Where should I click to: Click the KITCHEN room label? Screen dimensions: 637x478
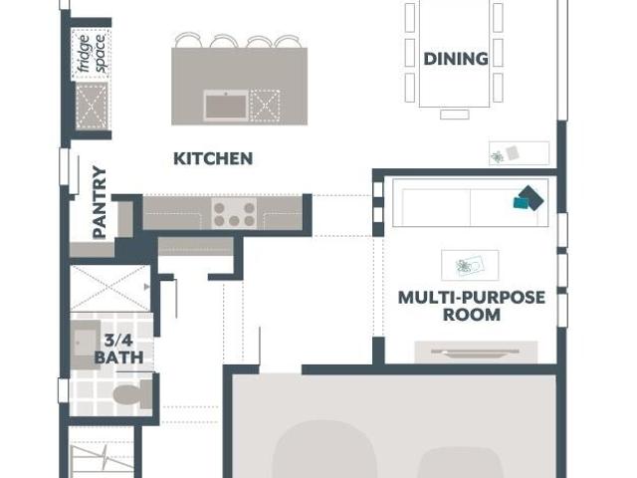(x=213, y=158)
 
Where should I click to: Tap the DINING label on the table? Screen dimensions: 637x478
(x=456, y=59)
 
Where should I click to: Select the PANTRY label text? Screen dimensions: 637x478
(x=100, y=202)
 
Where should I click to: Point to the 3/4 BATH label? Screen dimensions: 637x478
(x=118, y=349)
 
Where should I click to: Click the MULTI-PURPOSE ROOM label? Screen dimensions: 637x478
(x=471, y=306)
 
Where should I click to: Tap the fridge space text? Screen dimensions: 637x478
(x=93, y=53)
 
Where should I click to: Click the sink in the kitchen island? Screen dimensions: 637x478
(x=226, y=106)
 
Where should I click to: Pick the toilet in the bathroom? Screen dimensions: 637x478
(x=131, y=394)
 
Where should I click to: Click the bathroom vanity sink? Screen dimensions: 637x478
(x=86, y=345)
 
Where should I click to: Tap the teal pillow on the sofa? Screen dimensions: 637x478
(x=522, y=202)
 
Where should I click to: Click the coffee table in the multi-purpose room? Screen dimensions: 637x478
(x=470, y=265)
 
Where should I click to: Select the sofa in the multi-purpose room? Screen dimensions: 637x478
(x=471, y=202)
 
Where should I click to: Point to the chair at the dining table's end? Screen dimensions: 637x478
(x=455, y=115)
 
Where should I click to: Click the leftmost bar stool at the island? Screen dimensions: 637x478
(x=188, y=40)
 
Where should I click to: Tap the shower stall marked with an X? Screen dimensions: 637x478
(x=110, y=288)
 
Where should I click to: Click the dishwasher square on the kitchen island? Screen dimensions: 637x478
(x=265, y=106)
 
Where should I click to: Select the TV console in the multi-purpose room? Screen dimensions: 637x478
(x=476, y=352)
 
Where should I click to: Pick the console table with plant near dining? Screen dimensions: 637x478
(x=519, y=153)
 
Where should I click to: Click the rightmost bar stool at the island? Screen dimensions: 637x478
(x=288, y=41)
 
